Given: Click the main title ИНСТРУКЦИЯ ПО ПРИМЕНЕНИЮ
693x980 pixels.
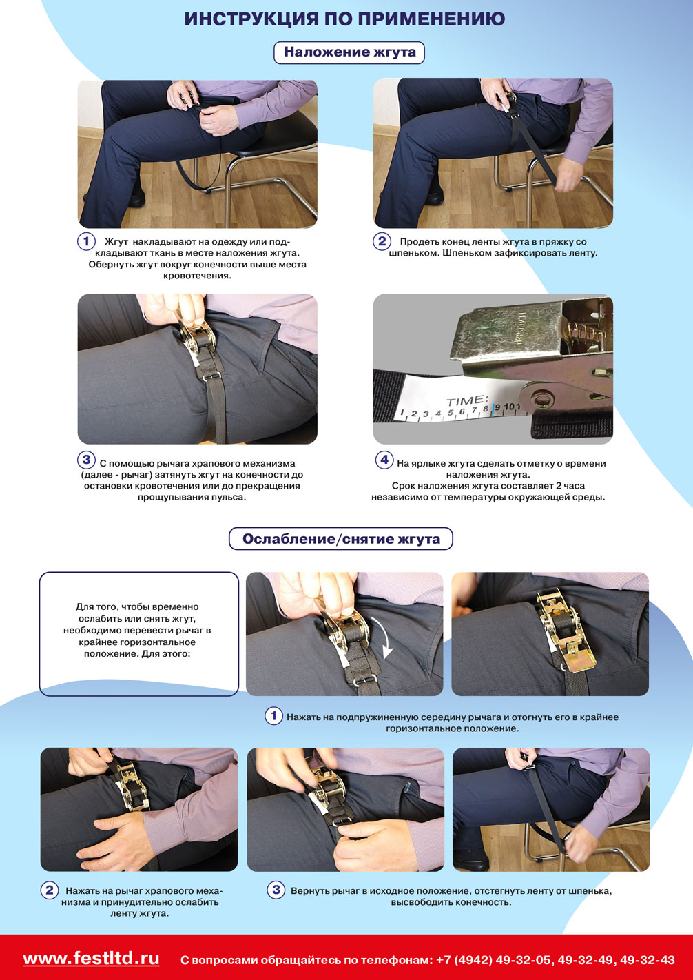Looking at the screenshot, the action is [344, 19].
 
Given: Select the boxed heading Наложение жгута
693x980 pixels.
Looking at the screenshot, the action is [349, 52].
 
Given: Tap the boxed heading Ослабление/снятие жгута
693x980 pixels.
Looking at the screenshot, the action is [341, 538].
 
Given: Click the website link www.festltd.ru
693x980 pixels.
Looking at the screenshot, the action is [91, 958].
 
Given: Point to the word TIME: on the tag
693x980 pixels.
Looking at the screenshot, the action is [466, 400].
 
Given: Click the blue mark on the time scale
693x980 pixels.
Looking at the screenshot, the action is [493, 410].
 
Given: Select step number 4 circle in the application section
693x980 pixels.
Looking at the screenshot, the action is [384, 460].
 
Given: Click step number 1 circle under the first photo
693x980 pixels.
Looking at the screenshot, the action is [87, 241].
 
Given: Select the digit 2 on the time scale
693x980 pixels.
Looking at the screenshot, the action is [413, 414].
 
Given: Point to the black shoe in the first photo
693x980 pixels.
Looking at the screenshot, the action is [136, 200].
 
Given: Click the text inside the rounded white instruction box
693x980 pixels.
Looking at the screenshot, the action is [137, 631].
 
